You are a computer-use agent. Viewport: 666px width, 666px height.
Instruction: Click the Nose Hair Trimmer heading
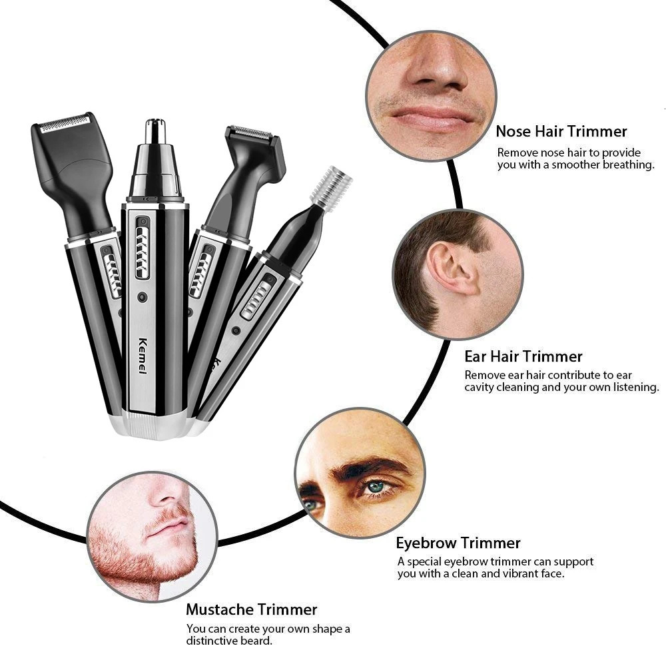point(561,131)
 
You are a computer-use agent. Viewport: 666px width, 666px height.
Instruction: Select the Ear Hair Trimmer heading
point(523,356)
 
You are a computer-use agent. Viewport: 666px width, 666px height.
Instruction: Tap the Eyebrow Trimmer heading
point(458,543)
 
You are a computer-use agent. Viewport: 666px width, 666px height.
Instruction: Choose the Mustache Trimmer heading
point(251,609)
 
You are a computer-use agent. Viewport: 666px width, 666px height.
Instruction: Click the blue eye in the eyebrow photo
point(378,487)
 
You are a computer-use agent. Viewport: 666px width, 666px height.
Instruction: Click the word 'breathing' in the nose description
point(627,165)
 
